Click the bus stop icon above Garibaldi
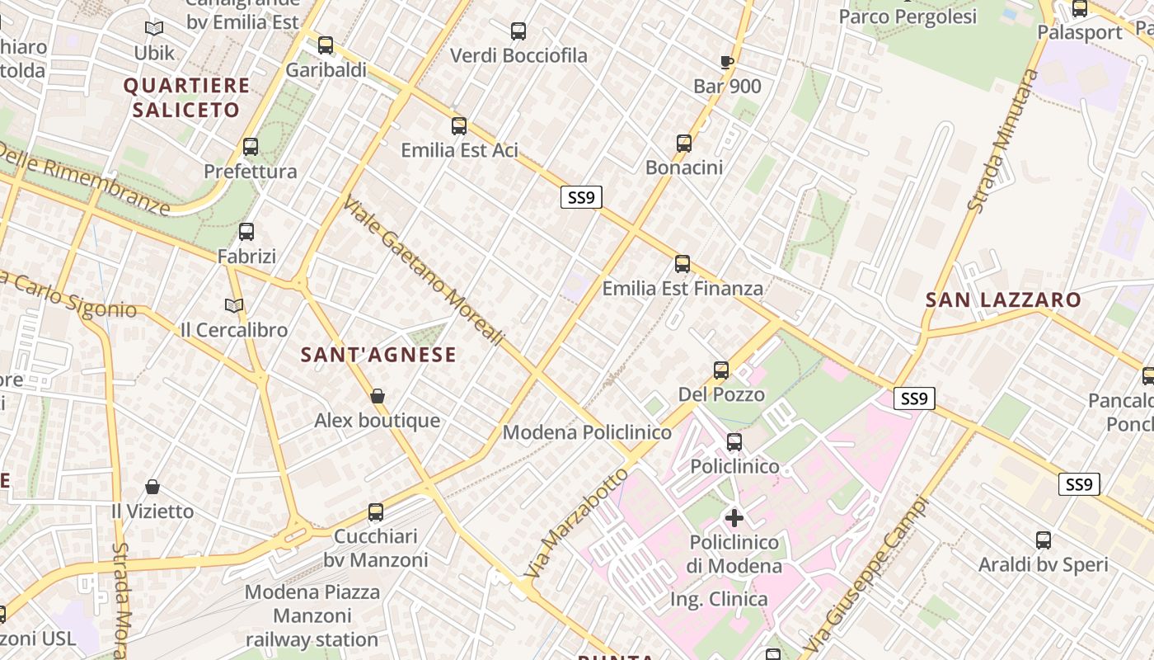pos(326,45)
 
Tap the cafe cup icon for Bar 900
pos(726,62)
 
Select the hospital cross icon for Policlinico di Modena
pos(734,518)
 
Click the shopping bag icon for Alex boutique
pos(378,397)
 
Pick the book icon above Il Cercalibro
pos(234,306)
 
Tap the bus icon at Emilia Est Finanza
pos(683,264)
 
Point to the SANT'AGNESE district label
pos(378,355)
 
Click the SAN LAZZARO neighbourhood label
pos(1002,299)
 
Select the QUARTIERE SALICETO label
pos(186,97)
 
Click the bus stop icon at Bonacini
pos(684,144)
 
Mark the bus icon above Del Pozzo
pos(721,370)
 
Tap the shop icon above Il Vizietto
pos(152,488)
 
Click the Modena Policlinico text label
pos(587,432)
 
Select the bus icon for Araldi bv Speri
pos(1044,541)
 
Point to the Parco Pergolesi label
pos(908,16)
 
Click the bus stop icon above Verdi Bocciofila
pos(518,31)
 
